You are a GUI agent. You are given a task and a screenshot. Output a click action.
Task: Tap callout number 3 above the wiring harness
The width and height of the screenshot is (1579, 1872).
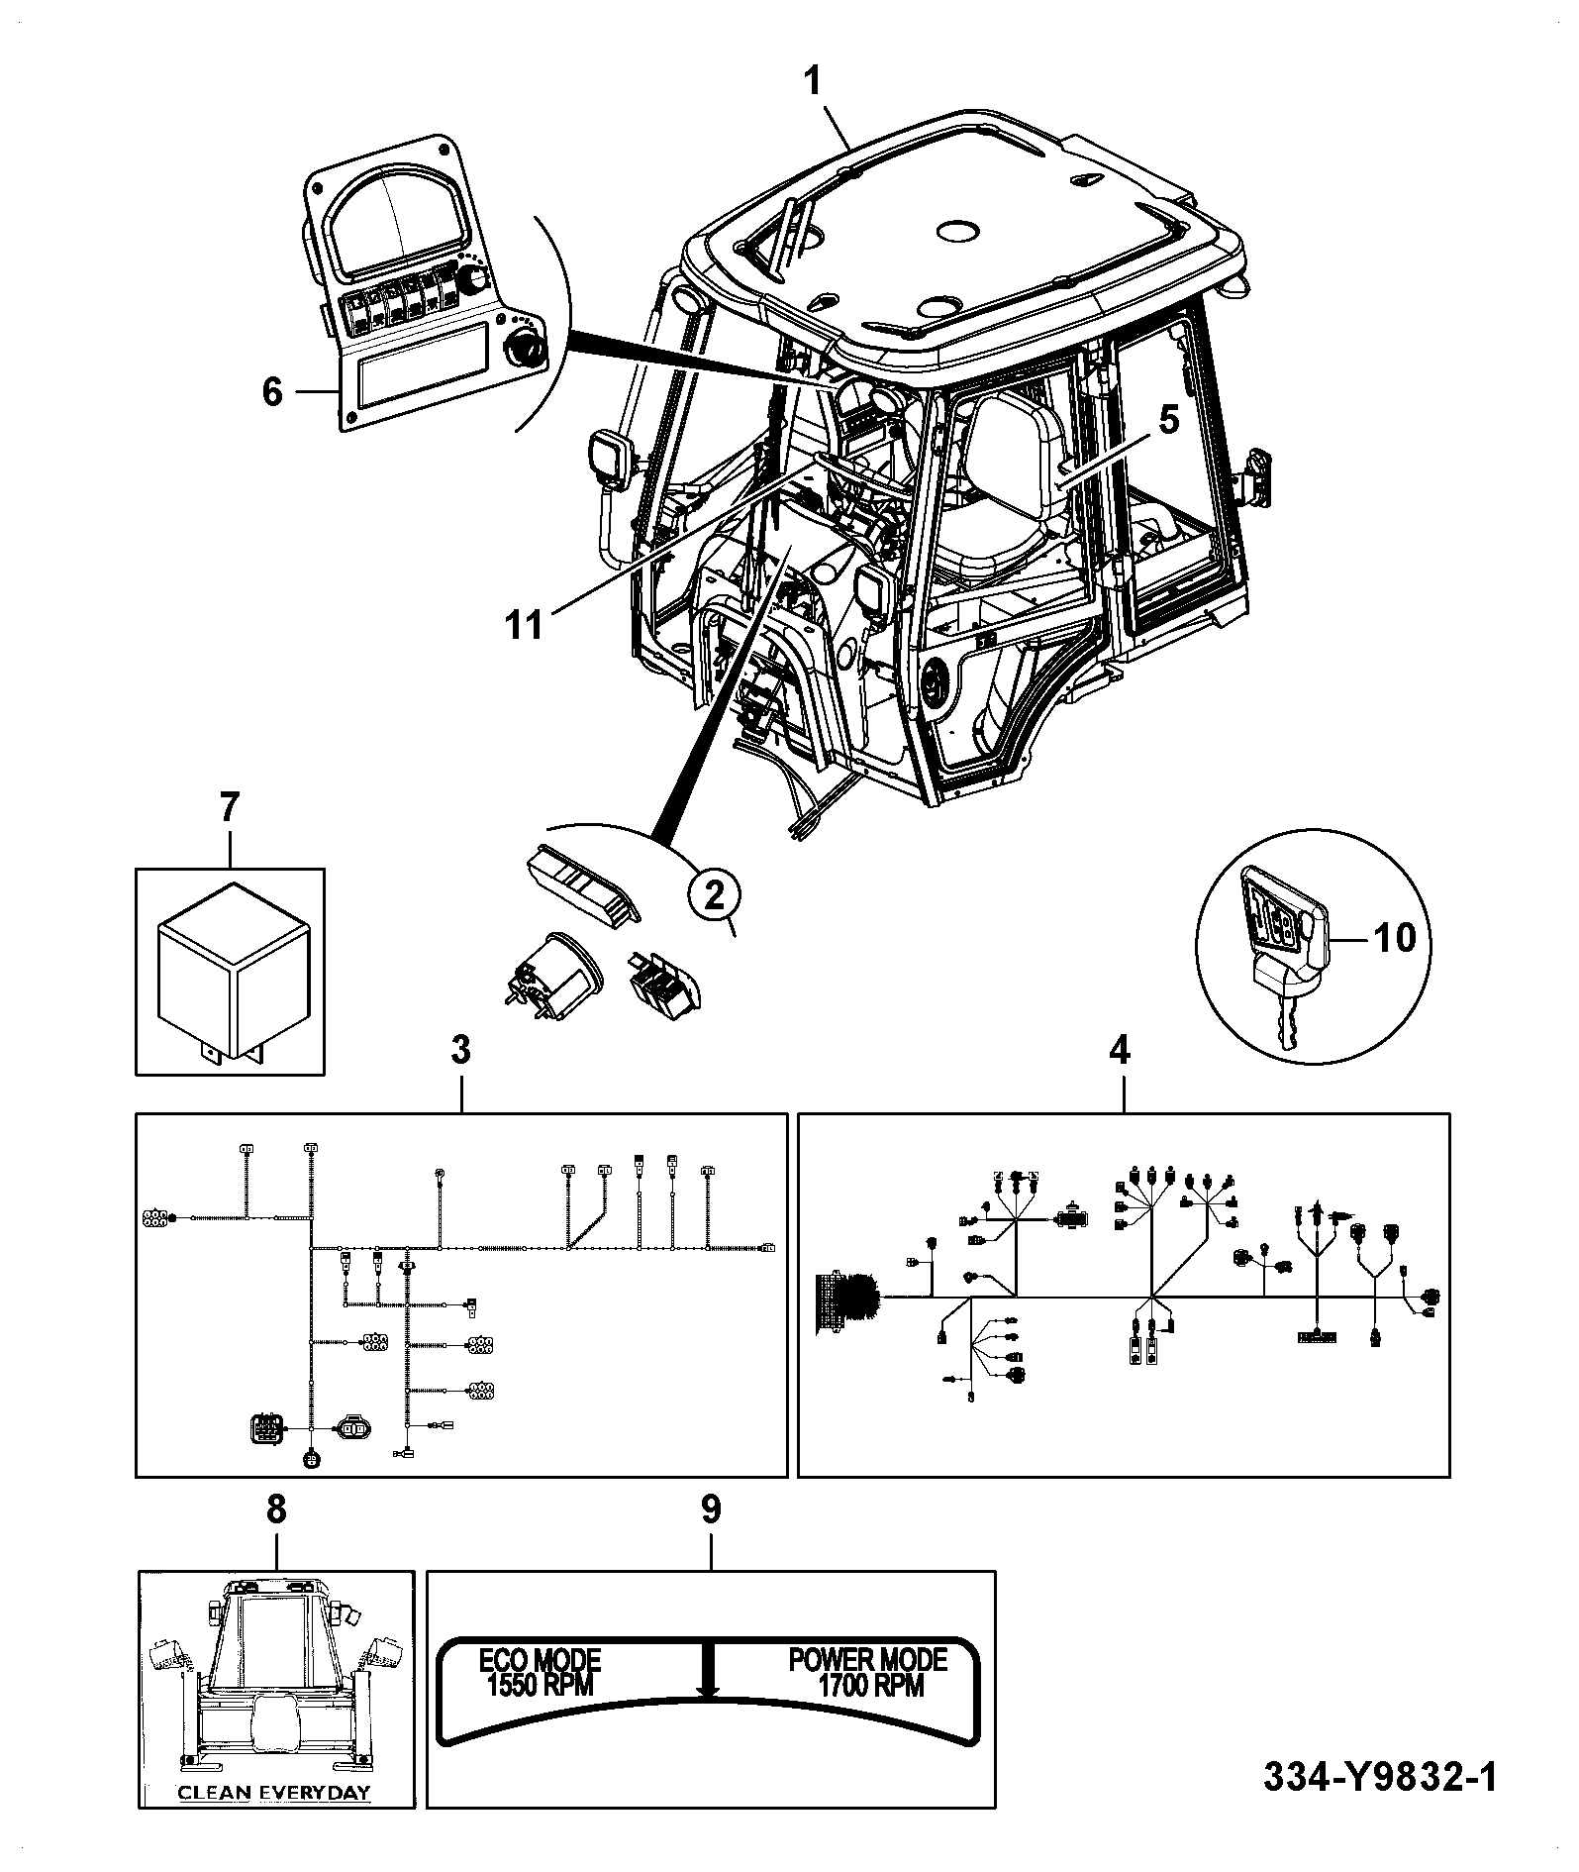point(461,1050)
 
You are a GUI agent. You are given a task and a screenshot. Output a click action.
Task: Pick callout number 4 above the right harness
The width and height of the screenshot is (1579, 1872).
point(1120,1050)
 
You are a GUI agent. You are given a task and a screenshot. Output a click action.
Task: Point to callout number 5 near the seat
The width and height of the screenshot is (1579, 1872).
point(1169,421)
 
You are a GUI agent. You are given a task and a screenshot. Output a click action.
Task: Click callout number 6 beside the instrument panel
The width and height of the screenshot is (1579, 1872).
point(272,392)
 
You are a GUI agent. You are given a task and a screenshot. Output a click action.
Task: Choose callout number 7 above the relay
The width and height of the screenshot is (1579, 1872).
point(229,808)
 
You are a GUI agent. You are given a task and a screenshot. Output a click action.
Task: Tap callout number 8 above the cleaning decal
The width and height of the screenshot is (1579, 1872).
point(276,1509)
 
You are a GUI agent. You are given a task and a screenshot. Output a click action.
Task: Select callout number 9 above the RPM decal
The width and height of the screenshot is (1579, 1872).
point(711,1509)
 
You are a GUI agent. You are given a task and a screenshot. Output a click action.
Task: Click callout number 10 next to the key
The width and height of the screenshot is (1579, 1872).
point(1395,937)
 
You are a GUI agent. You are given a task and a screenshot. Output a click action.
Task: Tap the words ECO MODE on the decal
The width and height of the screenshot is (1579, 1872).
point(541,1659)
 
